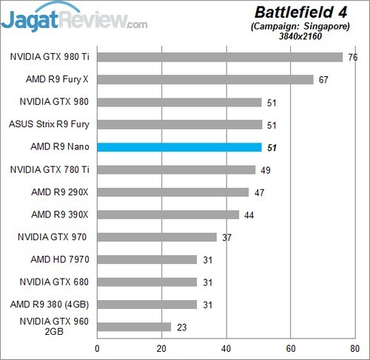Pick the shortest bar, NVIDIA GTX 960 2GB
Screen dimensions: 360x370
[x=134, y=327]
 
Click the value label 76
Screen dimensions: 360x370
[x=351, y=57]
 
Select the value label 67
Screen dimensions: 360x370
[x=323, y=80]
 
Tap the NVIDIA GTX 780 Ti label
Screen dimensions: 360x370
[x=50, y=169]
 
